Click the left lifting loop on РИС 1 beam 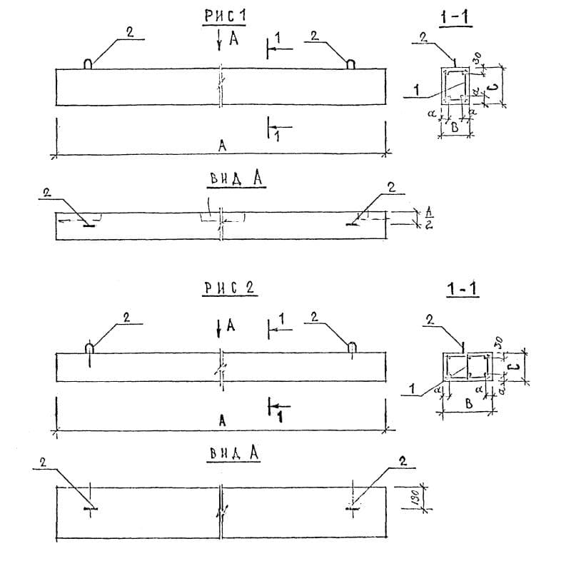tap(88, 64)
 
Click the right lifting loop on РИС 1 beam tap(350, 64)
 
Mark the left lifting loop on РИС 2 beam tap(89, 348)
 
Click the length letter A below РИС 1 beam tap(222, 146)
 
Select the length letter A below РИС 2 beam tap(222, 421)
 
